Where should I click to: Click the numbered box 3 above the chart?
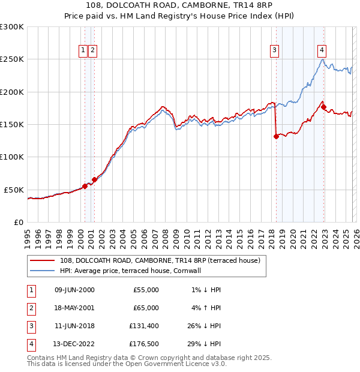coord(274,50)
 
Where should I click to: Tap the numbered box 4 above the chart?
coord(322,50)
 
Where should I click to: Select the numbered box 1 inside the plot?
coord(83,50)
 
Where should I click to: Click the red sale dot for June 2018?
coord(276,136)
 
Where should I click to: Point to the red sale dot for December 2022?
coord(323,107)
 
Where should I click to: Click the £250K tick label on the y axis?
coord(12,59)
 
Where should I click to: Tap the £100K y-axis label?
coord(12,157)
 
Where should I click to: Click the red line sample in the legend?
coord(43,260)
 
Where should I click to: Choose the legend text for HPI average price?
coord(138,271)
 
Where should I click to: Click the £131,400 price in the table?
coord(145,327)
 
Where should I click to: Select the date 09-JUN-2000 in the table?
coord(75,290)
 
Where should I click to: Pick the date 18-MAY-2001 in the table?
coord(75,308)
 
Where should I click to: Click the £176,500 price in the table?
coord(145,344)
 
